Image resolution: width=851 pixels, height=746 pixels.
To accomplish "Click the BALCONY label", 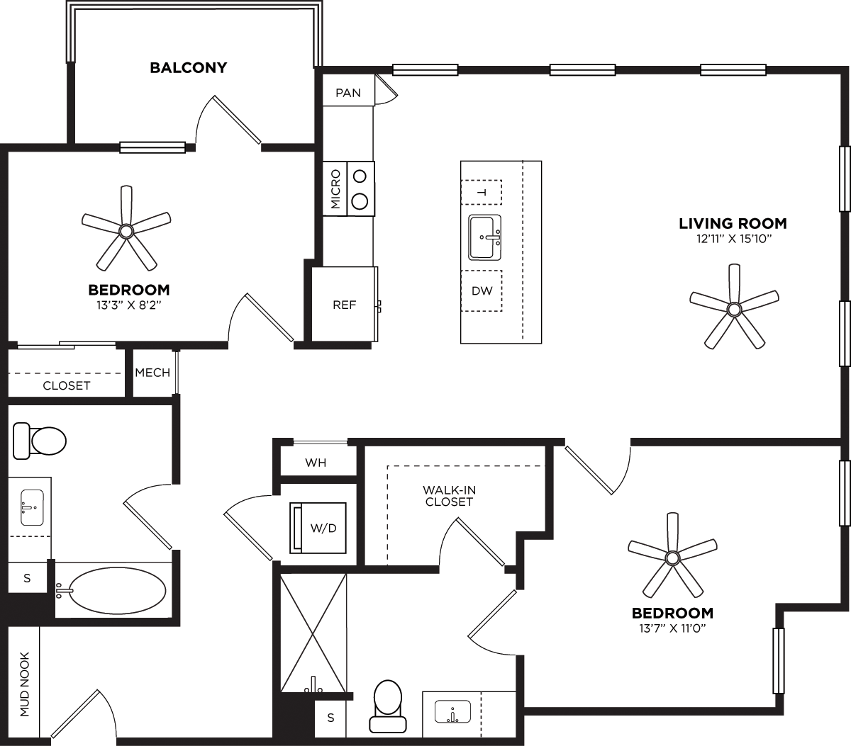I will tap(188, 68).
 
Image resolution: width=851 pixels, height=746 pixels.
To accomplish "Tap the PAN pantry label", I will tap(348, 93).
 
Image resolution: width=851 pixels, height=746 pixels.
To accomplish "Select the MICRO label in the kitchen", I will tap(335, 188).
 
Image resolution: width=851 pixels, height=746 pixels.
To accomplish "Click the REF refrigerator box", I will tap(344, 305).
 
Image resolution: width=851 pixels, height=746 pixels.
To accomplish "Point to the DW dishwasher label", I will tap(482, 291).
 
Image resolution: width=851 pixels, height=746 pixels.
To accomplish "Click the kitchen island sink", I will tap(485, 238).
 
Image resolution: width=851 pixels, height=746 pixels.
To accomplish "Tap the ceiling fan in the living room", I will tap(734, 308).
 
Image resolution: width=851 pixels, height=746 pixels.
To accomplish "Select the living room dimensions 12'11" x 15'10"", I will tap(733, 239).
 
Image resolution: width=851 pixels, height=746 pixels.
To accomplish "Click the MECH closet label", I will tap(152, 372).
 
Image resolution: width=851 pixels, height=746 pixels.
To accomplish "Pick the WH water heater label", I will tap(316, 463).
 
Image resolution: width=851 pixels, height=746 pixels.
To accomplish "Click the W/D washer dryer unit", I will tap(318, 528).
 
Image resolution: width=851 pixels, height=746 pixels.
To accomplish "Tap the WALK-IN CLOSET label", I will tap(448, 495).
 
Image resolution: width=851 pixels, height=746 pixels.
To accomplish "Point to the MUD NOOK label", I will tap(25, 684).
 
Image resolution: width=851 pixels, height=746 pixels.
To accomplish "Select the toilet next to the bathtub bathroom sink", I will tap(39, 441).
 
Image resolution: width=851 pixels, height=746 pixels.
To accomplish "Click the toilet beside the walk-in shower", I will tap(388, 706).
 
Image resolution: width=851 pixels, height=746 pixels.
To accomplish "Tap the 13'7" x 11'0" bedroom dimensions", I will tap(672, 628).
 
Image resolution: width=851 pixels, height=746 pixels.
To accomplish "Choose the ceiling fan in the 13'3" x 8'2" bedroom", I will tap(126, 230).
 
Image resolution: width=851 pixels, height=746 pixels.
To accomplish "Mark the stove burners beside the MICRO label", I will tap(361, 188).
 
